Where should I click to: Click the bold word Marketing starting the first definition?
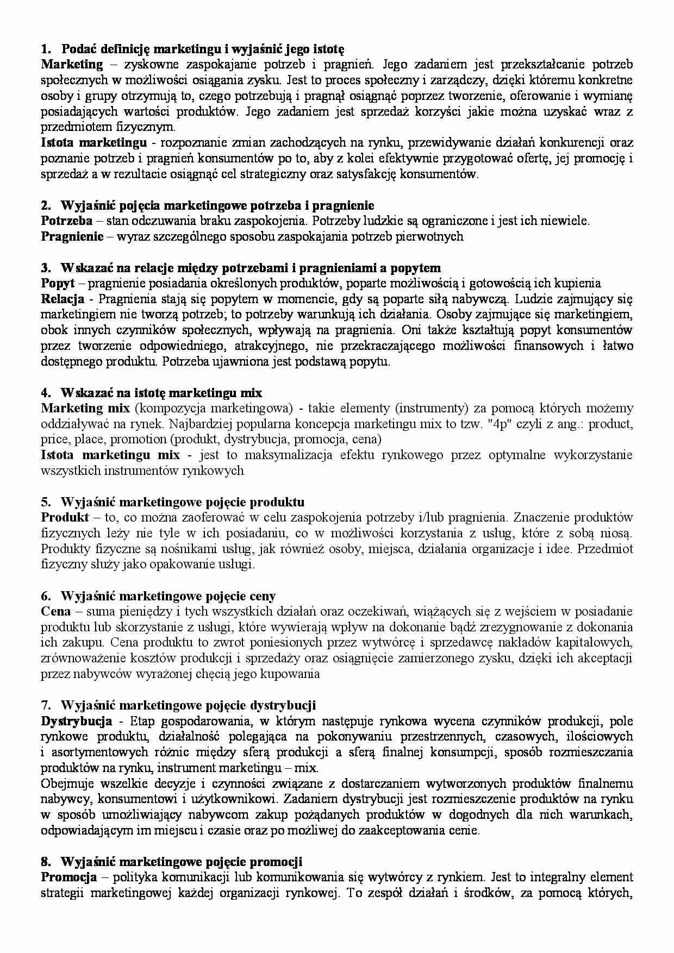click(x=72, y=65)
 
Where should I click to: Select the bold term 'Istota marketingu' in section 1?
click(x=93, y=143)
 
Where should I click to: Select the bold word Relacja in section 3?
click(x=63, y=299)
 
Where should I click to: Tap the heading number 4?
click(x=46, y=392)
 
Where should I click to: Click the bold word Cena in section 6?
click(x=56, y=611)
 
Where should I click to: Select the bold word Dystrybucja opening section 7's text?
click(x=76, y=721)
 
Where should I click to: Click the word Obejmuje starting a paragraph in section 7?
click(x=64, y=783)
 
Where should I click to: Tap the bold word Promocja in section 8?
click(x=68, y=877)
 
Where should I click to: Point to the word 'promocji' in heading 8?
click(x=276, y=862)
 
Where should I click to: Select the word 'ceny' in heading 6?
click(x=263, y=596)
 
